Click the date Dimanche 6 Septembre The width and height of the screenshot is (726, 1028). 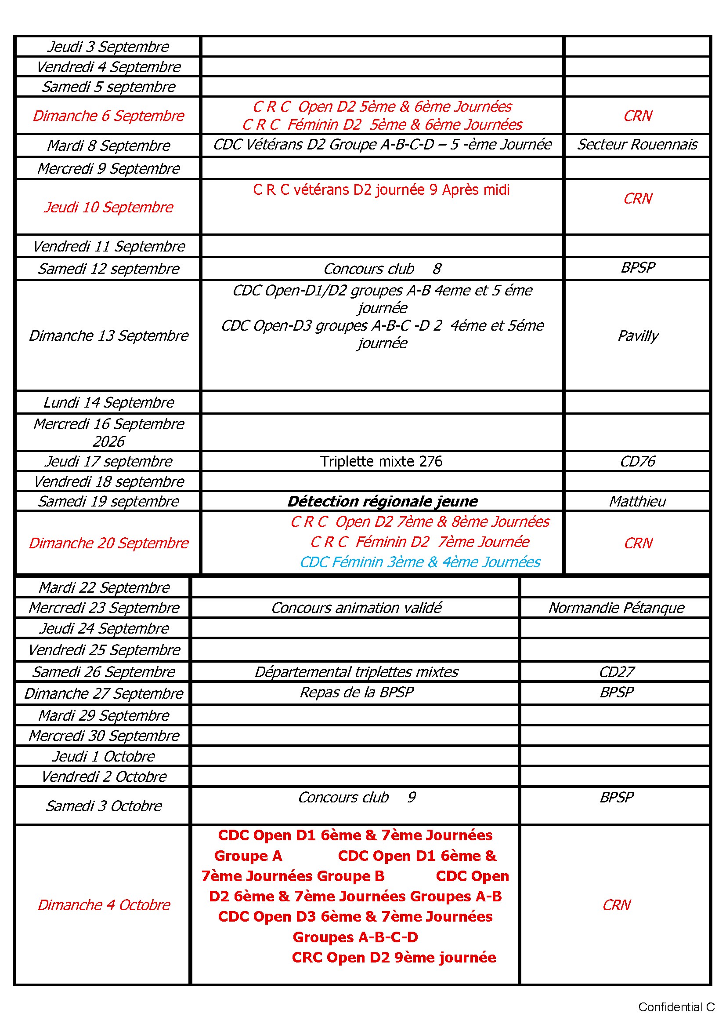(108, 116)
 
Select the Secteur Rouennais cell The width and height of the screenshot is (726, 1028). (637, 144)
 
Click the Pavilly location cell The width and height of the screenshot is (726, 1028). (637, 335)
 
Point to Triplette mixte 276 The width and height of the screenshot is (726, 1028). (381, 461)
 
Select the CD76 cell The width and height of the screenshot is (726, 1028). (637, 461)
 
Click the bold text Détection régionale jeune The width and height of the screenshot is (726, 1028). (382, 501)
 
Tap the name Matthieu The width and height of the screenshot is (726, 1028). (637, 501)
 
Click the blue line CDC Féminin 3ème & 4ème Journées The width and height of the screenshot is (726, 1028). (419, 562)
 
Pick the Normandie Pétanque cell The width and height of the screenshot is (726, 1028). (616, 608)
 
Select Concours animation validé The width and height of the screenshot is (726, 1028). (356, 608)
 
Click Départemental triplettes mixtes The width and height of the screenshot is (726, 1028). (356, 671)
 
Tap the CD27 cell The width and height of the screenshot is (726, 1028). (616, 671)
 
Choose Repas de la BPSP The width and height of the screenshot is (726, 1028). (356, 692)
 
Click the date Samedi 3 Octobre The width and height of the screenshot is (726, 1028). (104, 806)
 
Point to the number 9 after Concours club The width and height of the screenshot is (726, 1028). (411, 798)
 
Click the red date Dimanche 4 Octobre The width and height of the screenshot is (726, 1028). (104, 905)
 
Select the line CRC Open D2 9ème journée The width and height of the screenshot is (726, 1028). (394, 957)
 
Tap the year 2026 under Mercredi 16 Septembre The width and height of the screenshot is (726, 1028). (108, 441)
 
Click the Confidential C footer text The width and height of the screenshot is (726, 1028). (675, 1007)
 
